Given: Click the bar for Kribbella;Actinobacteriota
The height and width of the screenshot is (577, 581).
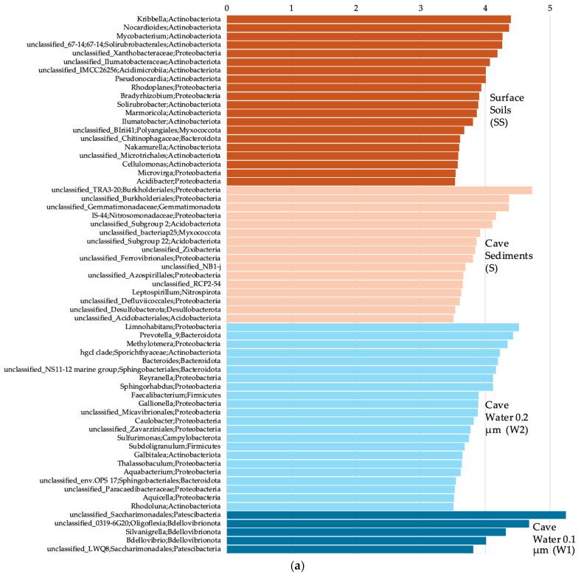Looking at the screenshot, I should click(x=369, y=18).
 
